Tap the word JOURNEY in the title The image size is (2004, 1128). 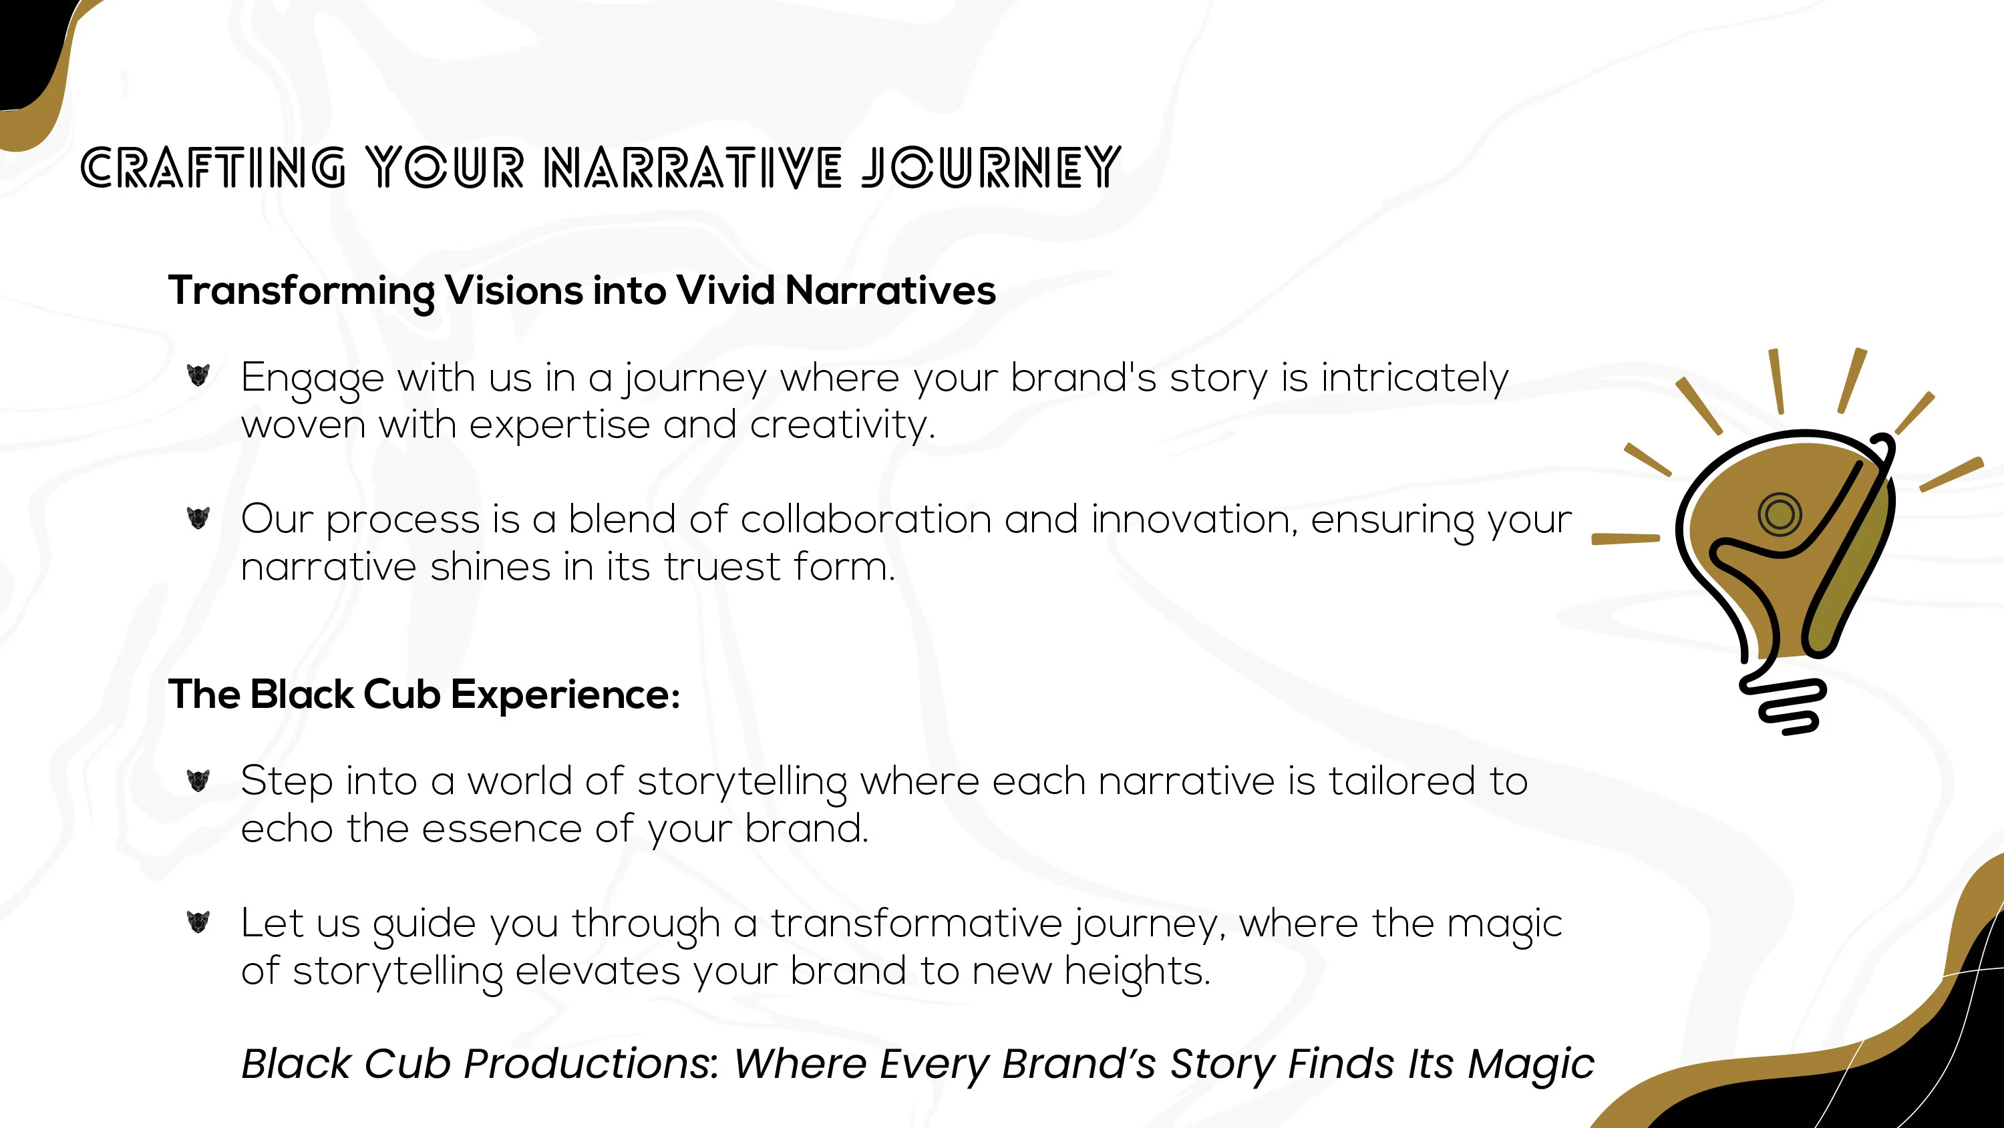[x=991, y=167]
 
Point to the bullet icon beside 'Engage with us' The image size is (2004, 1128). [x=198, y=375]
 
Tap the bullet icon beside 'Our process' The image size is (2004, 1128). [x=198, y=518]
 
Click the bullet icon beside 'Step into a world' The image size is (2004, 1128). [x=198, y=779]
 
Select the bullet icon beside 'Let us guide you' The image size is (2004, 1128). [x=198, y=922]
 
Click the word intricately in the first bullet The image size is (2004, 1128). [x=1414, y=379]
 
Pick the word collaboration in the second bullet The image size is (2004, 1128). [x=866, y=519]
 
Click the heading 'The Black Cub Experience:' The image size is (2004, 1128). [x=425, y=695]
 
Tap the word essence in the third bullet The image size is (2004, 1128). [x=502, y=829]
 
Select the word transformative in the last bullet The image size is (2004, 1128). [x=916, y=924]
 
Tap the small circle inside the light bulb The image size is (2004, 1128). [x=1779, y=514]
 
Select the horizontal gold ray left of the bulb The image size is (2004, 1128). [x=1626, y=538]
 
